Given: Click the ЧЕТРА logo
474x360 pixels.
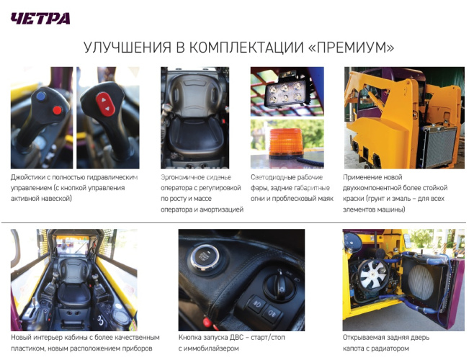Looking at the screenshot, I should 40,17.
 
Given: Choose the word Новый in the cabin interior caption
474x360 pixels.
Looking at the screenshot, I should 22,337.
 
